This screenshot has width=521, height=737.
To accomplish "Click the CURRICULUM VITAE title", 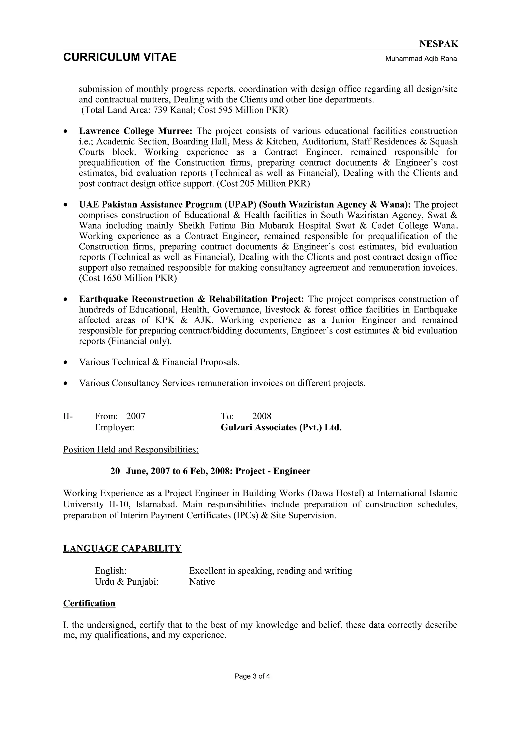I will coord(120,57).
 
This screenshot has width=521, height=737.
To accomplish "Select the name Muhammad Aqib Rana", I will coord(421,59).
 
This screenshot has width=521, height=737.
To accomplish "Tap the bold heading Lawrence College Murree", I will coord(136,131).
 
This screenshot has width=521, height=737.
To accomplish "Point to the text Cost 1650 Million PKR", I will coord(128,278).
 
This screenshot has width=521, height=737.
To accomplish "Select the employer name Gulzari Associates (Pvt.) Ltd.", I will coord(281,428).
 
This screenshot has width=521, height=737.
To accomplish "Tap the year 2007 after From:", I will coord(136,416).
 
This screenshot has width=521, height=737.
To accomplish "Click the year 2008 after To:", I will coord(261,416).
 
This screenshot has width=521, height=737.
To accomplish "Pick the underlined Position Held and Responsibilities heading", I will coord(131,449).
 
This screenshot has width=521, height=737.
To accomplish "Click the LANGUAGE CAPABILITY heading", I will coord(122,549).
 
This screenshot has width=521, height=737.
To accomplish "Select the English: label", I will coord(110,571).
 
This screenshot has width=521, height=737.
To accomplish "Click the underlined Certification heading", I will coord(89,603).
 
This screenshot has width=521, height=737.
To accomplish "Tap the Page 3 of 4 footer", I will coord(252,676).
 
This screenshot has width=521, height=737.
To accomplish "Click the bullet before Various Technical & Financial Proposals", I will coord(66,363).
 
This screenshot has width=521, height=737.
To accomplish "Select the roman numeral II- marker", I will coord(68,416).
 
